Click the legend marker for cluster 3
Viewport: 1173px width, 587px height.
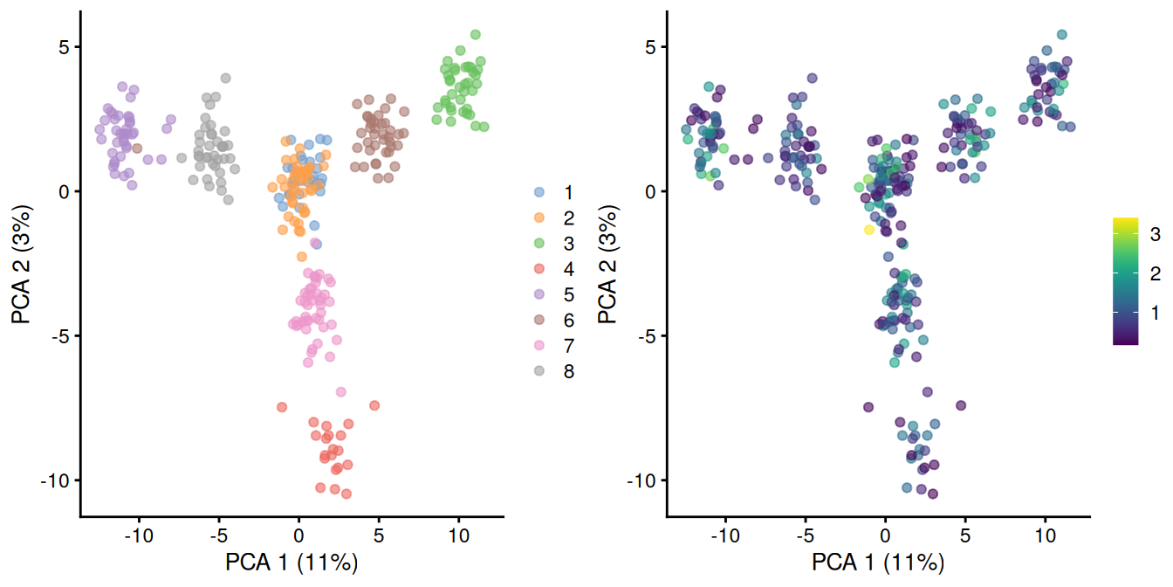pyautogui.click(x=539, y=243)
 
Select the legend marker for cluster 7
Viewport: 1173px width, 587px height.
pyautogui.click(x=539, y=346)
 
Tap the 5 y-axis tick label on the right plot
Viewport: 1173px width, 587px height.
pyautogui.click(x=648, y=47)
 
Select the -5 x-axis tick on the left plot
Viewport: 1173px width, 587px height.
pyautogui.click(x=218, y=532)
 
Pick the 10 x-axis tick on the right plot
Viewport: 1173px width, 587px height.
pyautogui.click(x=1045, y=532)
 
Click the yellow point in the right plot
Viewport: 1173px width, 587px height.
pyautogui.click(x=868, y=230)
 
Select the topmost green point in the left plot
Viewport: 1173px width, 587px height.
pyautogui.click(x=476, y=35)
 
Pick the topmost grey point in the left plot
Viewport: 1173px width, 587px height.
pyautogui.click(x=225, y=79)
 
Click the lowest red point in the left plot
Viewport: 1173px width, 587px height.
pyautogui.click(x=346, y=494)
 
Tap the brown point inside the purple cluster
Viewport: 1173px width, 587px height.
pyautogui.click(x=137, y=148)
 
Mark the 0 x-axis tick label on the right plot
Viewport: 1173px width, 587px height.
pyautogui.click(x=885, y=532)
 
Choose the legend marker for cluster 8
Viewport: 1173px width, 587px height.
pyautogui.click(x=539, y=371)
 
